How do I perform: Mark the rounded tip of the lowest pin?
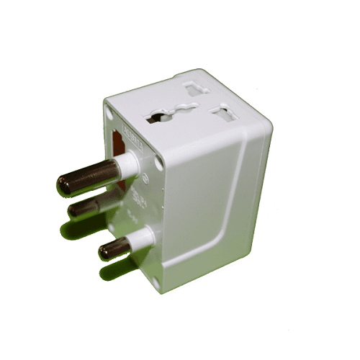104,251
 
